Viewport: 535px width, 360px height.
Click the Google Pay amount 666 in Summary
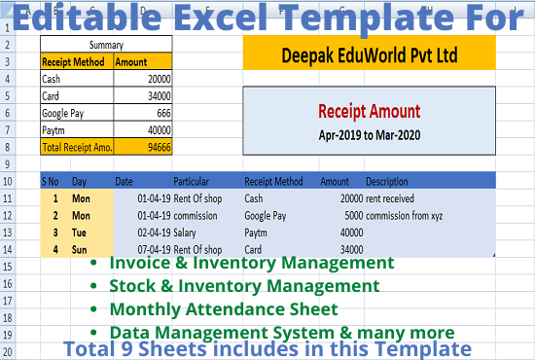(x=163, y=113)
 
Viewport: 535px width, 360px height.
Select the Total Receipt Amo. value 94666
(x=160, y=147)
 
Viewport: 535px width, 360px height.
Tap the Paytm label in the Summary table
(x=53, y=130)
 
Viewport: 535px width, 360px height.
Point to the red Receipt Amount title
(x=370, y=111)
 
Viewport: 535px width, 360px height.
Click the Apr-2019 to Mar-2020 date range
(x=370, y=135)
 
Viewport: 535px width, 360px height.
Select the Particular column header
(x=191, y=181)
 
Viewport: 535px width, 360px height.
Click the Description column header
(x=387, y=181)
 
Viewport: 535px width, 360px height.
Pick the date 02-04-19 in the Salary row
(x=154, y=233)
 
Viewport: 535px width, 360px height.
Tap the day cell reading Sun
(x=79, y=250)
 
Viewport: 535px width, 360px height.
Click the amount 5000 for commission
(x=354, y=216)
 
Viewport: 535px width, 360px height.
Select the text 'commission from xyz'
(x=404, y=216)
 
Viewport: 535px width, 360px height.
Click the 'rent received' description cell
(x=390, y=198)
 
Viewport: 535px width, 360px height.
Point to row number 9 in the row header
(x=7, y=164)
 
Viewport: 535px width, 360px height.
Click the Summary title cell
(x=106, y=45)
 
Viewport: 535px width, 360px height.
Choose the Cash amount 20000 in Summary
(x=160, y=79)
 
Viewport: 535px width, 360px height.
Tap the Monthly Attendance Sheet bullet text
(x=224, y=309)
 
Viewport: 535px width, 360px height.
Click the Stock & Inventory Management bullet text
(x=244, y=286)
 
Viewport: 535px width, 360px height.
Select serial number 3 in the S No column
(x=55, y=233)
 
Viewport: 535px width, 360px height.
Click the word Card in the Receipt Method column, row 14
(x=253, y=250)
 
